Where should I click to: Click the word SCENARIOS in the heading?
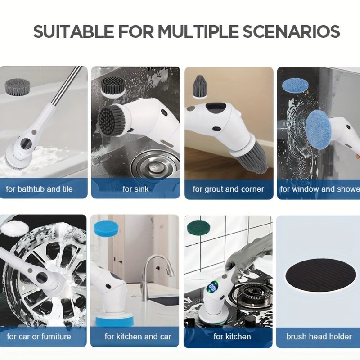click(291, 31)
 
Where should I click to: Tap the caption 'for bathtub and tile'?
click(39, 189)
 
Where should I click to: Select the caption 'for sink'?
click(135, 189)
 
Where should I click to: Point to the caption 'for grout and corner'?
click(229, 189)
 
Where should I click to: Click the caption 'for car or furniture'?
click(39, 337)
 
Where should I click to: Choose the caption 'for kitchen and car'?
click(138, 337)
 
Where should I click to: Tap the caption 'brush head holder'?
click(319, 337)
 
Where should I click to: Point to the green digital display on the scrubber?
click(212, 287)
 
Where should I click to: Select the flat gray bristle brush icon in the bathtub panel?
click(18, 86)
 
